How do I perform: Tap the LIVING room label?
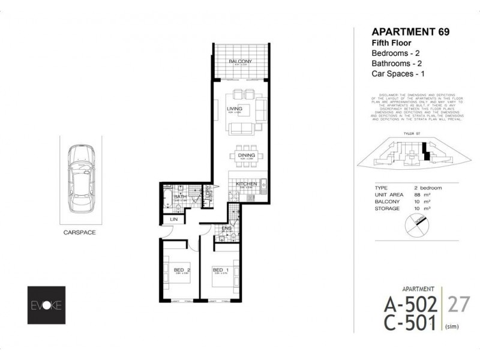233,109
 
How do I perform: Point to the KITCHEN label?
246,184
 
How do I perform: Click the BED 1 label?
218,270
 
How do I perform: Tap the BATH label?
179,196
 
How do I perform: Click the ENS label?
226,229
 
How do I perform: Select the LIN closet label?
174,220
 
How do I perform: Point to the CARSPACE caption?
80,231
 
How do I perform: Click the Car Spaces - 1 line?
399,74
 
